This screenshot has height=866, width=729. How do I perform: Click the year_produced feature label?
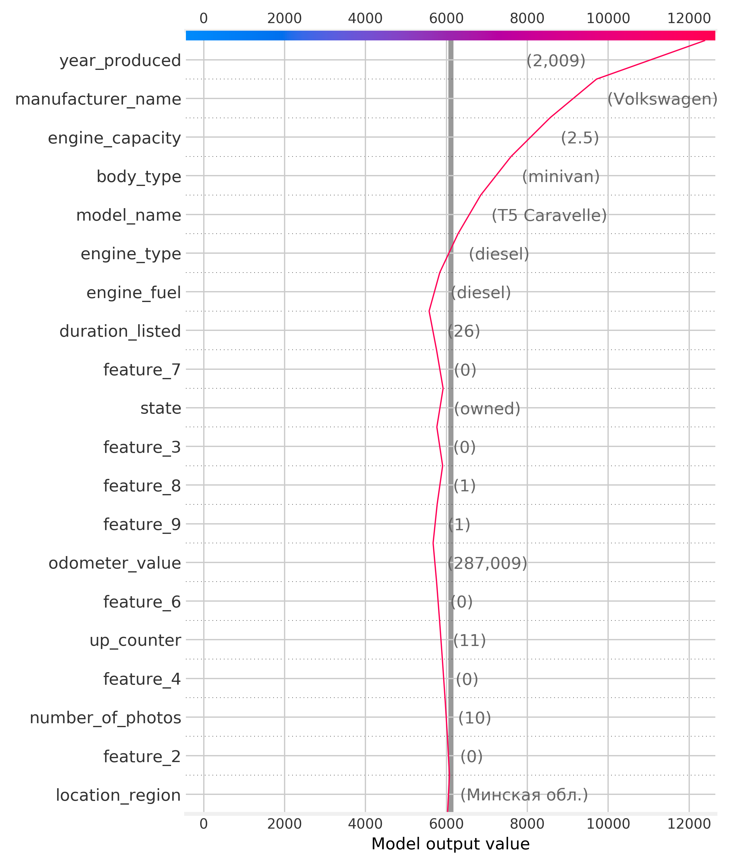[x=120, y=61]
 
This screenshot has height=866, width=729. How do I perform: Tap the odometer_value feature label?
[x=115, y=563]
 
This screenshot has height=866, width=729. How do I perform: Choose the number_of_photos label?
[x=105, y=718]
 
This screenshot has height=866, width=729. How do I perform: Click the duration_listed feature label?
[x=120, y=331]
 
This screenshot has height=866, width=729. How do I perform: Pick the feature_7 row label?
[x=142, y=370]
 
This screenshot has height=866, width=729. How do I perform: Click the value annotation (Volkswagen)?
[x=662, y=99]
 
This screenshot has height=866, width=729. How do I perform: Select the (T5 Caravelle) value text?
[x=549, y=215]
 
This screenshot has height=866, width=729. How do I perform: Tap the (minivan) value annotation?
[x=561, y=177]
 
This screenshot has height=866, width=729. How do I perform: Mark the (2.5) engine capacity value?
[x=580, y=138]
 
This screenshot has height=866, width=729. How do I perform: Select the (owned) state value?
[x=487, y=408]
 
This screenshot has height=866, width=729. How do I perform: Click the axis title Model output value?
[x=450, y=844]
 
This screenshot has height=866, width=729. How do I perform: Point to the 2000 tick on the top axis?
[x=284, y=18]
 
